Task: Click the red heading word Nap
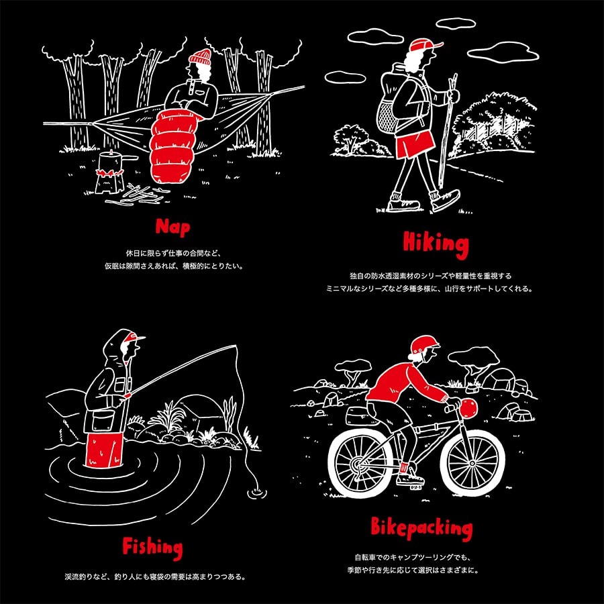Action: tap(173, 228)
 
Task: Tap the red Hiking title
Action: tap(436, 244)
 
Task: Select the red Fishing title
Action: tap(152, 547)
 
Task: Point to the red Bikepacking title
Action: tap(421, 528)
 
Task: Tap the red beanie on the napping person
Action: tap(200, 57)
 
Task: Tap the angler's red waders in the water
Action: tap(103, 450)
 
